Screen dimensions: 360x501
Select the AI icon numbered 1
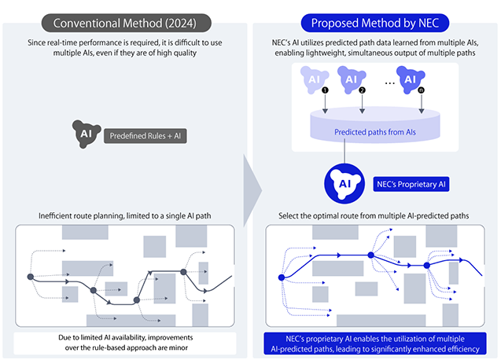[314, 79]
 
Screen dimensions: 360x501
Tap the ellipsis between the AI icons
[381, 80]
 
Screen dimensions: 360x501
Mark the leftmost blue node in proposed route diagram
[280, 277]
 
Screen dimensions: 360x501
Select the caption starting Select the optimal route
[376, 215]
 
